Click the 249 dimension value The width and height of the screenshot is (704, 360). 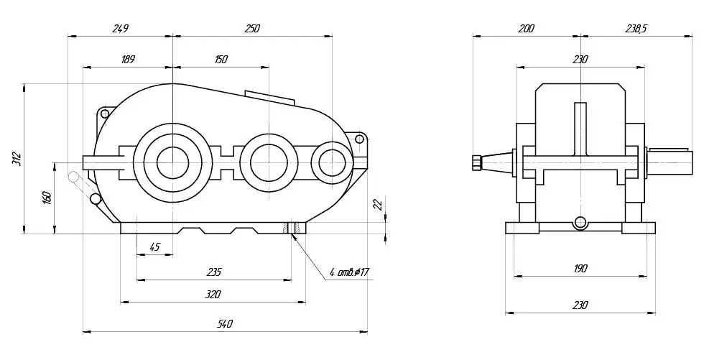pos(120,29)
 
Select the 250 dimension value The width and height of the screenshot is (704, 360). pos(252,29)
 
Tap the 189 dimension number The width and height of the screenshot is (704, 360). pos(128,59)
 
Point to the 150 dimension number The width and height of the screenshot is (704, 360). pos(221,59)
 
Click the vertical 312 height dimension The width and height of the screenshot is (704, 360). pos(17,159)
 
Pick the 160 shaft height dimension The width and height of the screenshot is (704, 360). pos(48,198)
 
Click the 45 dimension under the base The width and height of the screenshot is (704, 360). pos(154,247)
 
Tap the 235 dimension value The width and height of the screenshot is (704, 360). pos(214,272)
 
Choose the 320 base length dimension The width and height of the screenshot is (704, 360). pos(213,295)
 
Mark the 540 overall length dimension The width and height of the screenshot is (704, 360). pos(224,324)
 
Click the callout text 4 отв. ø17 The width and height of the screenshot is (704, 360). pos(349,272)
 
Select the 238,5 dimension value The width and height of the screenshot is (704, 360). pos(636,29)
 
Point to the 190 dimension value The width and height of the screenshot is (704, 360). pos(580,269)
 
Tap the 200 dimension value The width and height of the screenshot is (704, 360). pos(526,29)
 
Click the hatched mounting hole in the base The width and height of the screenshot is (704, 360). pos(292,228)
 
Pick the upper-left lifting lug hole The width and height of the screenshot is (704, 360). pos(105,113)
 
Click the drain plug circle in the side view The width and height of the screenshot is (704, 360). pos(580,222)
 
